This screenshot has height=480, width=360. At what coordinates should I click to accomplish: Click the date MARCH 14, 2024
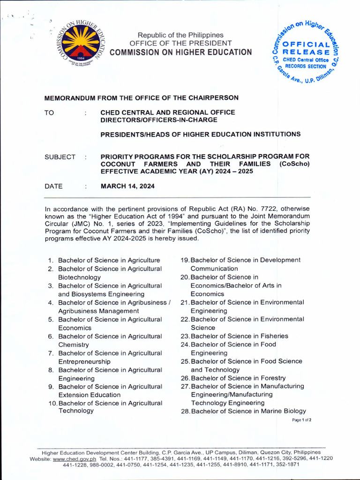[x=128, y=186]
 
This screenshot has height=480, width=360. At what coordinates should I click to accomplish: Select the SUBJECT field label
[x=60, y=157]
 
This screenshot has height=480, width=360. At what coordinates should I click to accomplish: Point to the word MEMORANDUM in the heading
[x=69, y=98]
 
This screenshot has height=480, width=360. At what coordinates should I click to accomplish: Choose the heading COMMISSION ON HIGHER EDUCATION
[x=180, y=52]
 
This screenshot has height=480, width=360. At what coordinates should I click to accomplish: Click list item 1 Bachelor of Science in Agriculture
[x=109, y=260]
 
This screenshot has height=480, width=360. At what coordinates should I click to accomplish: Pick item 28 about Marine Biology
[x=243, y=412]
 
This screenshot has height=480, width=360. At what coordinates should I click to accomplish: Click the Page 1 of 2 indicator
[x=301, y=420]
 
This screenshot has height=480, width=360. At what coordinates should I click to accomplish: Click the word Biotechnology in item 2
[x=79, y=277]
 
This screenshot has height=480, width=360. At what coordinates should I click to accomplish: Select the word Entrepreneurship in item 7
[x=84, y=361]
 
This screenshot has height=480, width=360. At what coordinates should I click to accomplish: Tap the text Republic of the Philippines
[x=180, y=35]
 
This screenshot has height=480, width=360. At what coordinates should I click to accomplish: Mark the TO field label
[x=49, y=112]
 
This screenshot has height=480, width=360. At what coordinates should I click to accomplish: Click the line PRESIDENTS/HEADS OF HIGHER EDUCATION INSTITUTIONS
[x=201, y=135]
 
